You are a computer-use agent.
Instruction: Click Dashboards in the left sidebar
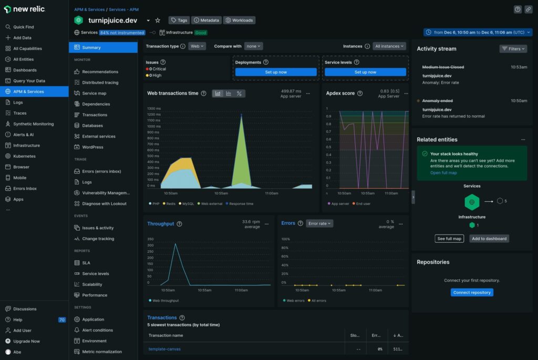point(25,70)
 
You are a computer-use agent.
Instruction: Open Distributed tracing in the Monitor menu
point(100,83)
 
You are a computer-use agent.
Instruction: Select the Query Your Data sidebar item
point(29,81)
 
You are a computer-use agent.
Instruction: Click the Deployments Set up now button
point(276,72)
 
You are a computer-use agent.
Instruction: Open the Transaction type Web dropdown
point(198,46)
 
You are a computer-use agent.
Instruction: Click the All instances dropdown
point(389,46)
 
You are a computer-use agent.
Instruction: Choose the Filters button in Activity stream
point(513,49)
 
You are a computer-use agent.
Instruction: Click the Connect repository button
point(472,292)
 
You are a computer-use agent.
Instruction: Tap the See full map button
point(450,239)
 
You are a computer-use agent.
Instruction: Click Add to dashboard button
point(489,239)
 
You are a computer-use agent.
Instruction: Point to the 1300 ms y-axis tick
point(154,108)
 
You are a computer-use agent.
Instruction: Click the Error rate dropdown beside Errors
point(319,223)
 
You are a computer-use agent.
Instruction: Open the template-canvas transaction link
point(164,349)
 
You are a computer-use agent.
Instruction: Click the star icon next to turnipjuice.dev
point(158,20)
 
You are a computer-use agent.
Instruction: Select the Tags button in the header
point(179,20)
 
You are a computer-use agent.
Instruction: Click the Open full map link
point(443,173)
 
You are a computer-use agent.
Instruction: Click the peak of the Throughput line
point(176,244)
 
